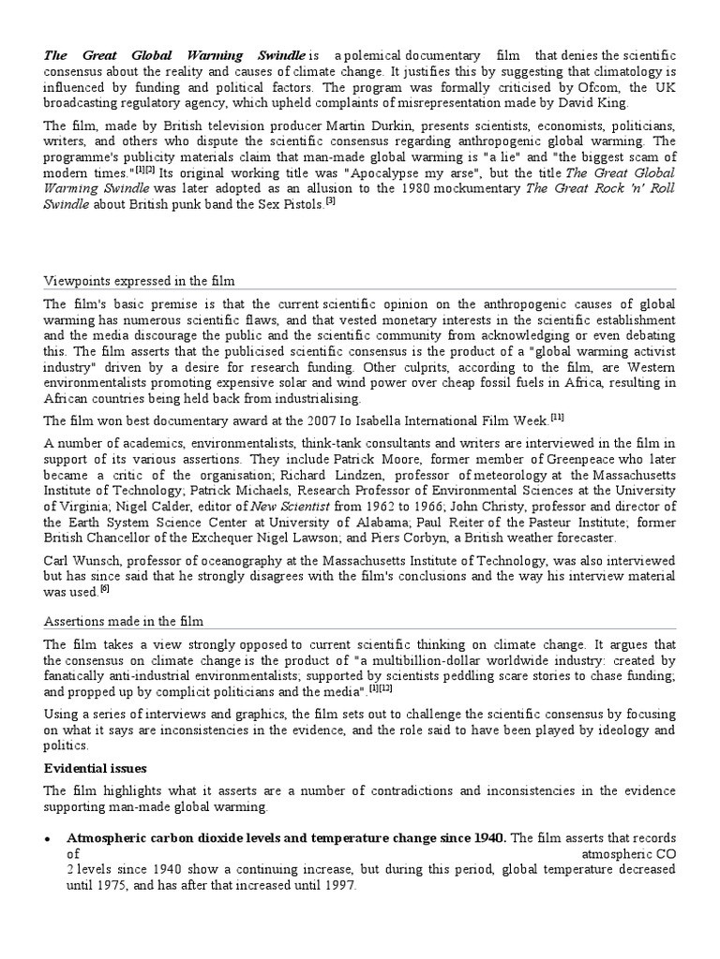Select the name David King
[598, 104]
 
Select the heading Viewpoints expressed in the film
[140, 281]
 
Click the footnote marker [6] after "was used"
[104, 589]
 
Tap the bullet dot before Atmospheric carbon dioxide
[47, 837]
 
